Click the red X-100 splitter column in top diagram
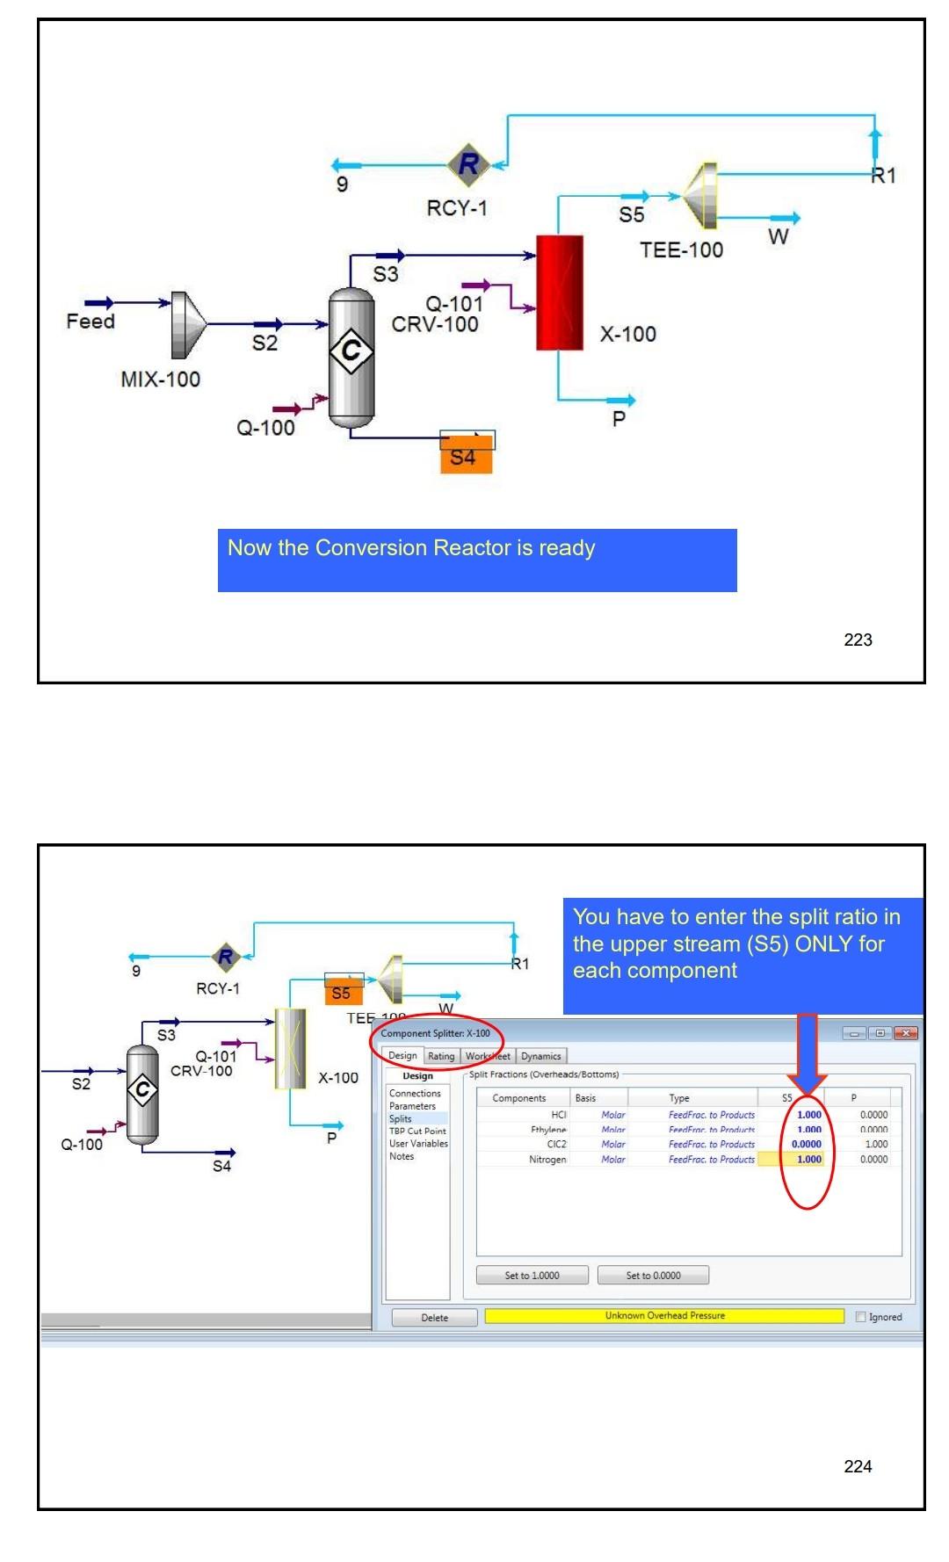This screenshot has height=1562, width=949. click(x=560, y=293)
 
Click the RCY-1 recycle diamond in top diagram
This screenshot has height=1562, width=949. click(x=468, y=163)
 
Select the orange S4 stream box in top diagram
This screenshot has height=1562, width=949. click(x=466, y=457)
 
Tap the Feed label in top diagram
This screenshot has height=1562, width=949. click(x=91, y=322)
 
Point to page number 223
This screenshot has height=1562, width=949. click(x=858, y=640)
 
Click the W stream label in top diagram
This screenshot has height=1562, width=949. click(x=778, y=236)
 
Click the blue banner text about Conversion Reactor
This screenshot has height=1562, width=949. click(x=411, y=548)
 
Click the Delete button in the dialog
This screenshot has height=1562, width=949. click(x=434, y=1318)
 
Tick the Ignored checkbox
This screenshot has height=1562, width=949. click(x=861, y=1317)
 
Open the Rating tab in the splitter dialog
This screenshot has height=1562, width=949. click(x=441, y=1057)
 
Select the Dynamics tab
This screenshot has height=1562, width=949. click(x=540, y=1057)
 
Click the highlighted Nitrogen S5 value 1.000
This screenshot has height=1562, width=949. click(x=808, y=1160)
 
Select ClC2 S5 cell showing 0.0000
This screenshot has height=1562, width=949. click(x=806, y=1145)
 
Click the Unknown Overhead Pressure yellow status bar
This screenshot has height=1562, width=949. click(x=664, y=1316)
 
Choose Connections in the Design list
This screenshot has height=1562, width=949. click(x=415, y=1094)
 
